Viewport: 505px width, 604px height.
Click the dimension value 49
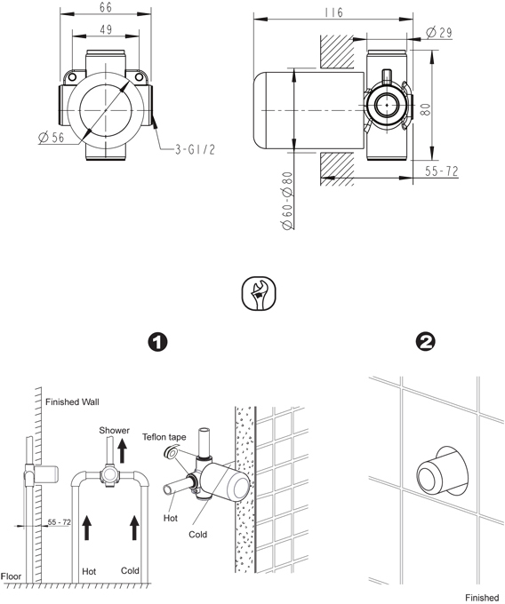click(106, 30)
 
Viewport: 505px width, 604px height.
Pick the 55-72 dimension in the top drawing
click(439, 171)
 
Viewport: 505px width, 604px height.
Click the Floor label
click(12, 575)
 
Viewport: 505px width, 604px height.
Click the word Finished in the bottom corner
click(484, 597)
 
